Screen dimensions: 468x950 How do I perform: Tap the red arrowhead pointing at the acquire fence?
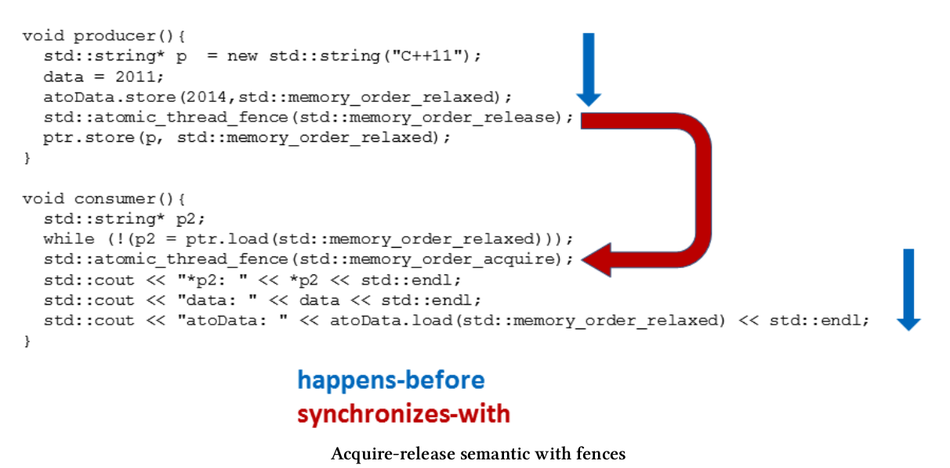point(600,259)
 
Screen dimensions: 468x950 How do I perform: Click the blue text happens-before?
point(390,380)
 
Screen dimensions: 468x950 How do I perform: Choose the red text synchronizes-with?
point(403,413)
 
